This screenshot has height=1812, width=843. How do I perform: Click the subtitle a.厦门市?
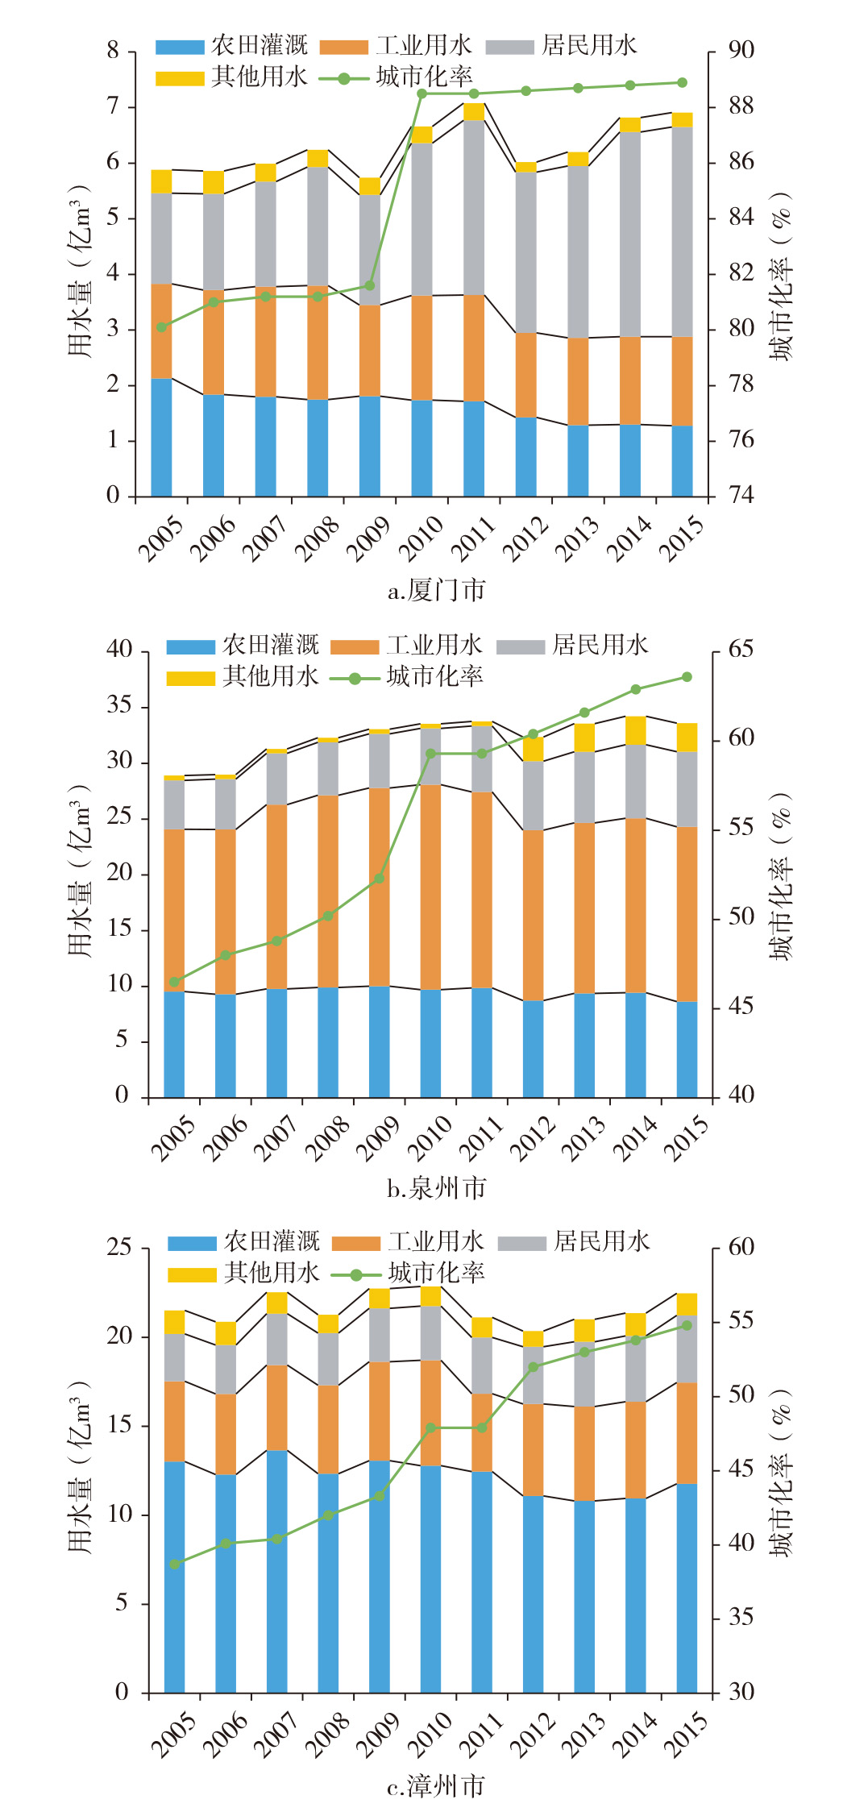437,591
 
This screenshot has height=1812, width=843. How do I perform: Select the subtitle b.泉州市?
437,1187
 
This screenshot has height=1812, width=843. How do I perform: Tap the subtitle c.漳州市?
437,1786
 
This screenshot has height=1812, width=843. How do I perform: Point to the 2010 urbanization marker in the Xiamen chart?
421,94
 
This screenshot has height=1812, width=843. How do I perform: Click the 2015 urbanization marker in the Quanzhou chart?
687,677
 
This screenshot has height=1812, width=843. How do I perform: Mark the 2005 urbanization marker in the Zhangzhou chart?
175,1564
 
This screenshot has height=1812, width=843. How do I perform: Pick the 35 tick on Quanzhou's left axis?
118,706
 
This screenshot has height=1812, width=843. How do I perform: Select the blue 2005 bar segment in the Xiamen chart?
161,437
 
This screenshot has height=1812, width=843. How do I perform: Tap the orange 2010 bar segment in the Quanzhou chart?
430,887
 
